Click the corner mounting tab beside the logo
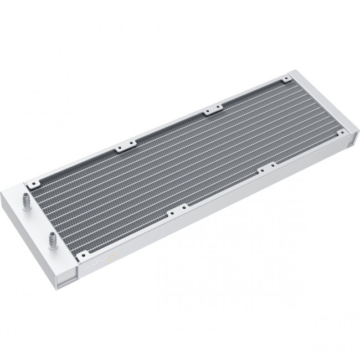point(81,255)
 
